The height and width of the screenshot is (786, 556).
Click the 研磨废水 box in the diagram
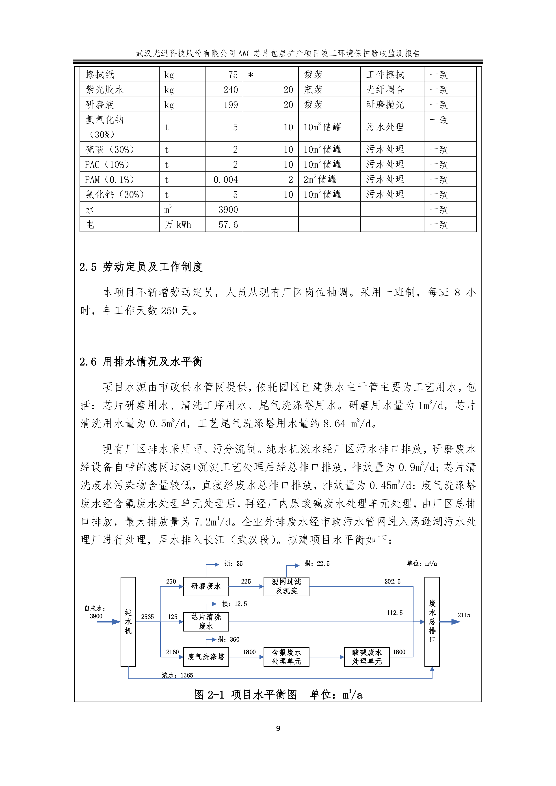pyautogui.click(x=206, y=586)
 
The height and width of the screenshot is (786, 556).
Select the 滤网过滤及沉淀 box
pyautogui.click(x=286, y=586)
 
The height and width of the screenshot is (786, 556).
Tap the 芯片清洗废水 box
pyautogui.click(x=206, y=622)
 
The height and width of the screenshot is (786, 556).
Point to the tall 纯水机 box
pyautogui.click(x=128, y=622)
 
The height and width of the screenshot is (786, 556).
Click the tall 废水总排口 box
pyautogui.click(x=432, y=622)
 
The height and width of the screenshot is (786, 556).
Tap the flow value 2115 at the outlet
pyautogui.click(x=464, y=615)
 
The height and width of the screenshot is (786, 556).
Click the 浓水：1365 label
pyautogui.click(x=177, y=675)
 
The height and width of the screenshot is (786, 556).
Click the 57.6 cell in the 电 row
pyautogui.click(x=228, y=225)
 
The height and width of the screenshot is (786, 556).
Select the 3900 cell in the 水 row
pyautogui.click(x=228, y=209)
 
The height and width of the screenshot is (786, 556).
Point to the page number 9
pyautogui.click(x=278, y=728)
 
